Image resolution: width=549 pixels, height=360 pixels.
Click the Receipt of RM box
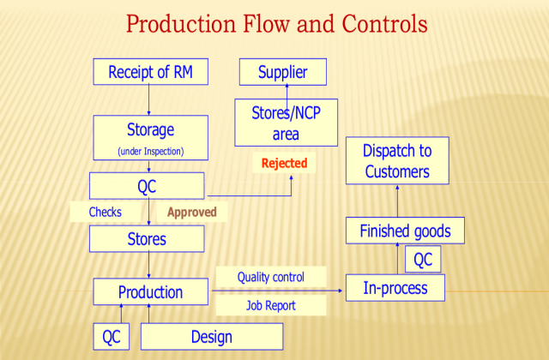click(150, 72)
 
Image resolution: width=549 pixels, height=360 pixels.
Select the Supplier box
click(282, 72)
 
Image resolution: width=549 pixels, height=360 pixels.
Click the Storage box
click(150, 138)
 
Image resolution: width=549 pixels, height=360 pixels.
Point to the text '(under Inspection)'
click(150, 153)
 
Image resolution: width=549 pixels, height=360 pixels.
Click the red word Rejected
click(284, 163)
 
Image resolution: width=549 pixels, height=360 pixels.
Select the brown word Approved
click(191, 212)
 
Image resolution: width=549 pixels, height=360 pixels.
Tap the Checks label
click(106, 212)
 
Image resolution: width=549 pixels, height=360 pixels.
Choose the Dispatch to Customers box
click(397, 161)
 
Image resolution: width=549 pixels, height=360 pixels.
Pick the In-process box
click(395, 288)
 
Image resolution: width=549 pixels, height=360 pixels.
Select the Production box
click(150, 291)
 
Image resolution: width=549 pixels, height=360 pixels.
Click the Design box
click(211, 337)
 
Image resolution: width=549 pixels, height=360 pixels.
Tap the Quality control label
click(270, 277)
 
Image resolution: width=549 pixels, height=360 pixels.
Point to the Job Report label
click(270, 304)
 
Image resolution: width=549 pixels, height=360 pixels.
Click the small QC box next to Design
click(112, 337)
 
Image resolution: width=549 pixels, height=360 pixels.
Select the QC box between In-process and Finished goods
click(423, 259)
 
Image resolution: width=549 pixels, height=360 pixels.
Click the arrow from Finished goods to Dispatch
click(397, 201)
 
